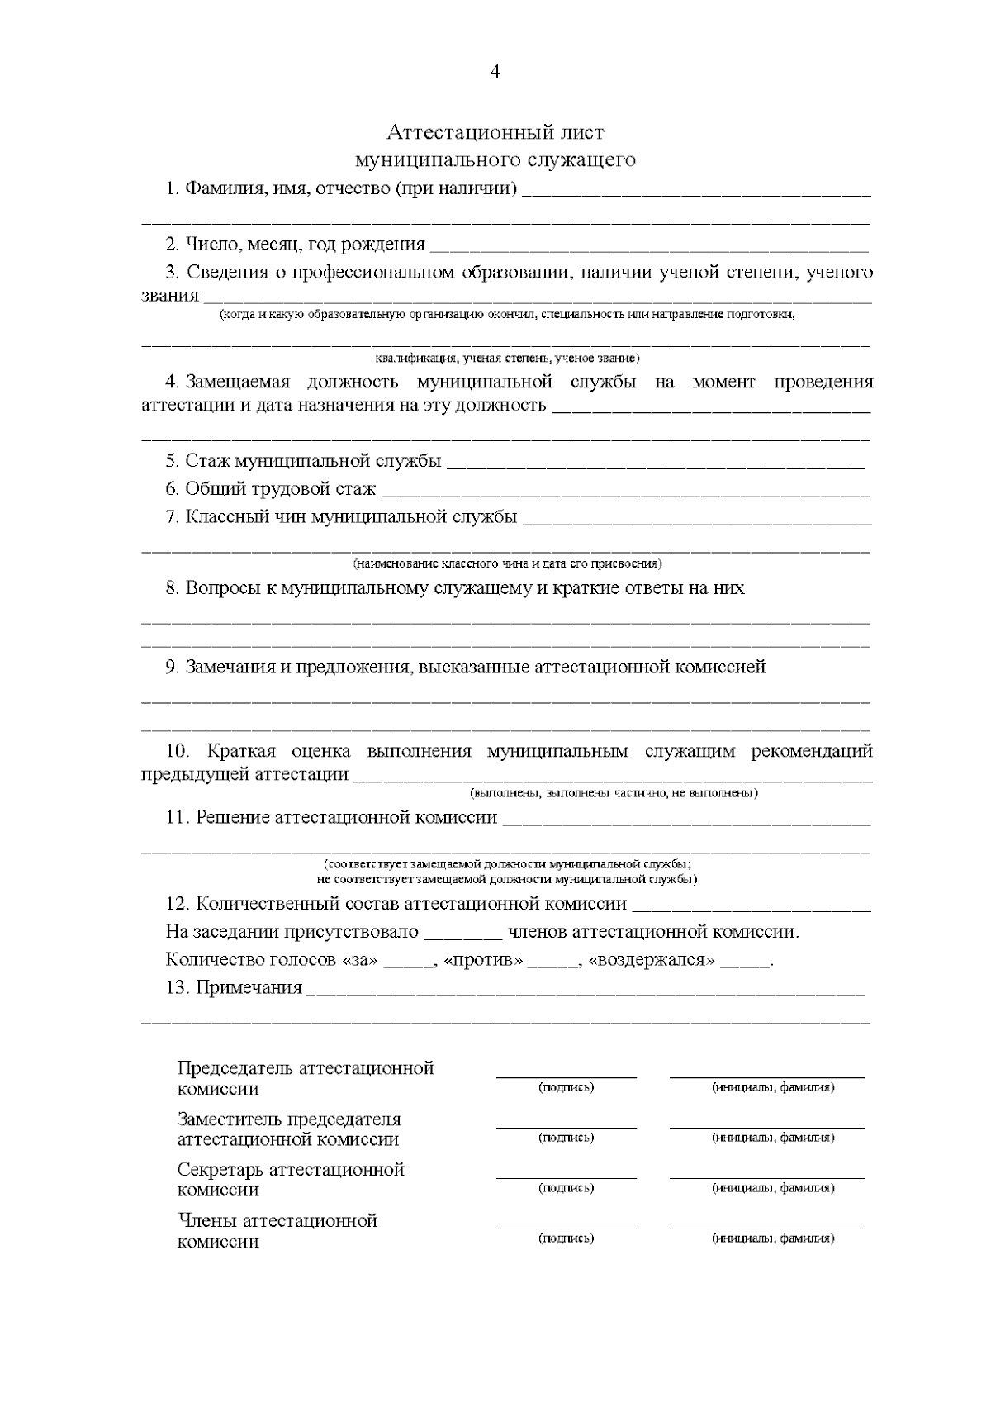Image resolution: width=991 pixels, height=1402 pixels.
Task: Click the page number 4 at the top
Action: (495, 71)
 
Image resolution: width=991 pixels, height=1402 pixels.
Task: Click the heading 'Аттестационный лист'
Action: (495, 132)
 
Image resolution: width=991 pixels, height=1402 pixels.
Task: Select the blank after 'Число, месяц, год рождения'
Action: (649, 246)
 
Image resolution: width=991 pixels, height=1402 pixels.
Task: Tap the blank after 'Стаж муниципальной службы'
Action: (656, 463)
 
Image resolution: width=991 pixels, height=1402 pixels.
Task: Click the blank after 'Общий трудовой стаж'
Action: (625, 491)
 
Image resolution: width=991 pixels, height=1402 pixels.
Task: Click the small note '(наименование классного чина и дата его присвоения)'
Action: (507, 563)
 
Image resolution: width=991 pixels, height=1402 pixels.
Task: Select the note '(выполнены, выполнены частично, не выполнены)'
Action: (614, 793)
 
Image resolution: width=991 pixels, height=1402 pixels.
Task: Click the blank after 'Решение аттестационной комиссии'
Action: (686, 820)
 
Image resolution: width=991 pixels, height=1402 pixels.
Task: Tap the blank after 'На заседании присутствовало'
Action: (462, 934)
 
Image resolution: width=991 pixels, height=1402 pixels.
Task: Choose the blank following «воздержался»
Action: (745, 962)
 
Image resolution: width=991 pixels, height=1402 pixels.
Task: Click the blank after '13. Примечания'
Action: (586, 990)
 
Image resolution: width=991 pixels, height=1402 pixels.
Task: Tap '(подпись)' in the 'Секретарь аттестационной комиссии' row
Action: (567, 1188)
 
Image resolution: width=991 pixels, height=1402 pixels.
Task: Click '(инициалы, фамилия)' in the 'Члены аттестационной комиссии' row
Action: (773, 1238)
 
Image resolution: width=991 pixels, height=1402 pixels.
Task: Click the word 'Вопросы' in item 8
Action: (219, 588)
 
